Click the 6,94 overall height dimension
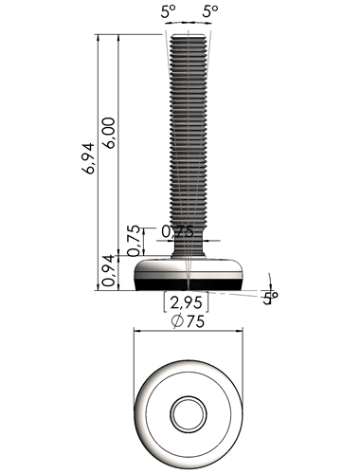[x=87, y=158]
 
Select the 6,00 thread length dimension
[x=109, y=133]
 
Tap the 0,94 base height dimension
[x=109, y=270]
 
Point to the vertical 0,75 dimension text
[x=134, y=240]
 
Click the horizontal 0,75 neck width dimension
[x=177, y=232]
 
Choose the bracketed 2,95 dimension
[x=187, y=302]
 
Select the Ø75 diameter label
[x=189, y=321]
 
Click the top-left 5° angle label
[x=168, y=12]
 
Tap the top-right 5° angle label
[x=209, y=11]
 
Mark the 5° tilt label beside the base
[x=270, y=299]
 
